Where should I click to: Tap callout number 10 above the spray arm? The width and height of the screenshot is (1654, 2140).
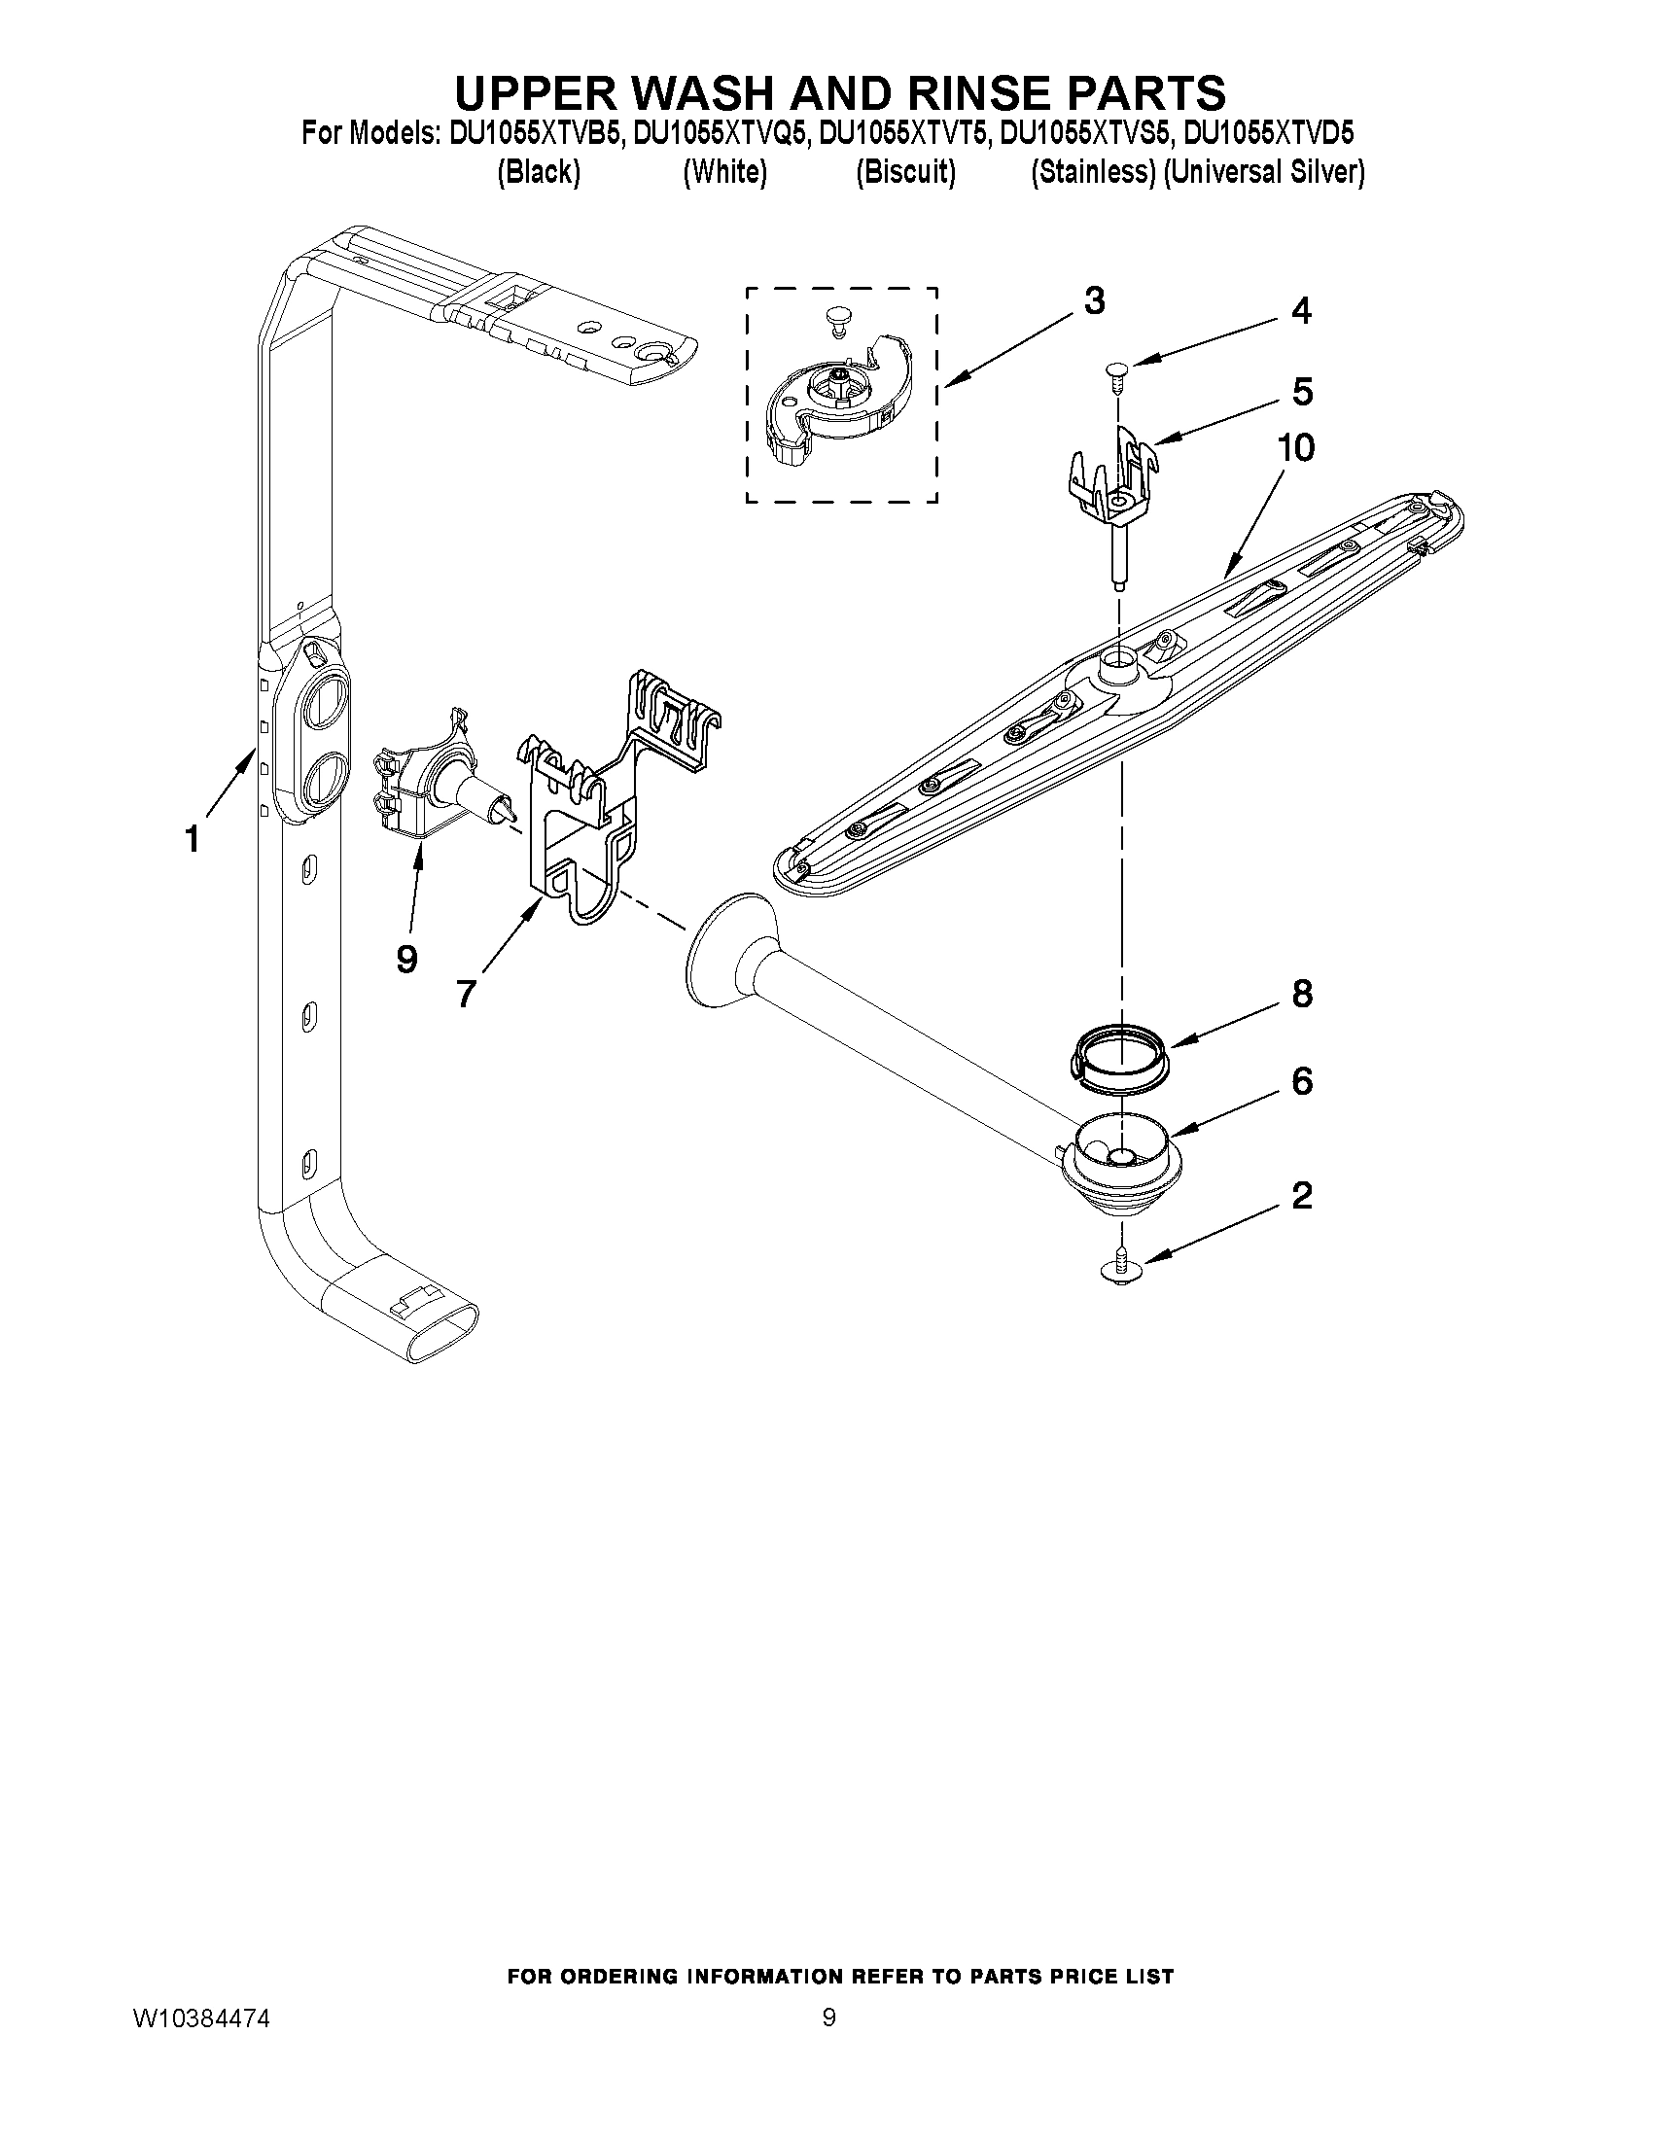[x=1295, y=449]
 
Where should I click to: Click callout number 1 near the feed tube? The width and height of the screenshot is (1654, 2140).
[x=194, y=839]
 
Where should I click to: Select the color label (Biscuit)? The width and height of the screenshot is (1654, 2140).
[x=904, y=172]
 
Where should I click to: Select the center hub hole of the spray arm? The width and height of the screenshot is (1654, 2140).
[x=1118, y=668]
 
